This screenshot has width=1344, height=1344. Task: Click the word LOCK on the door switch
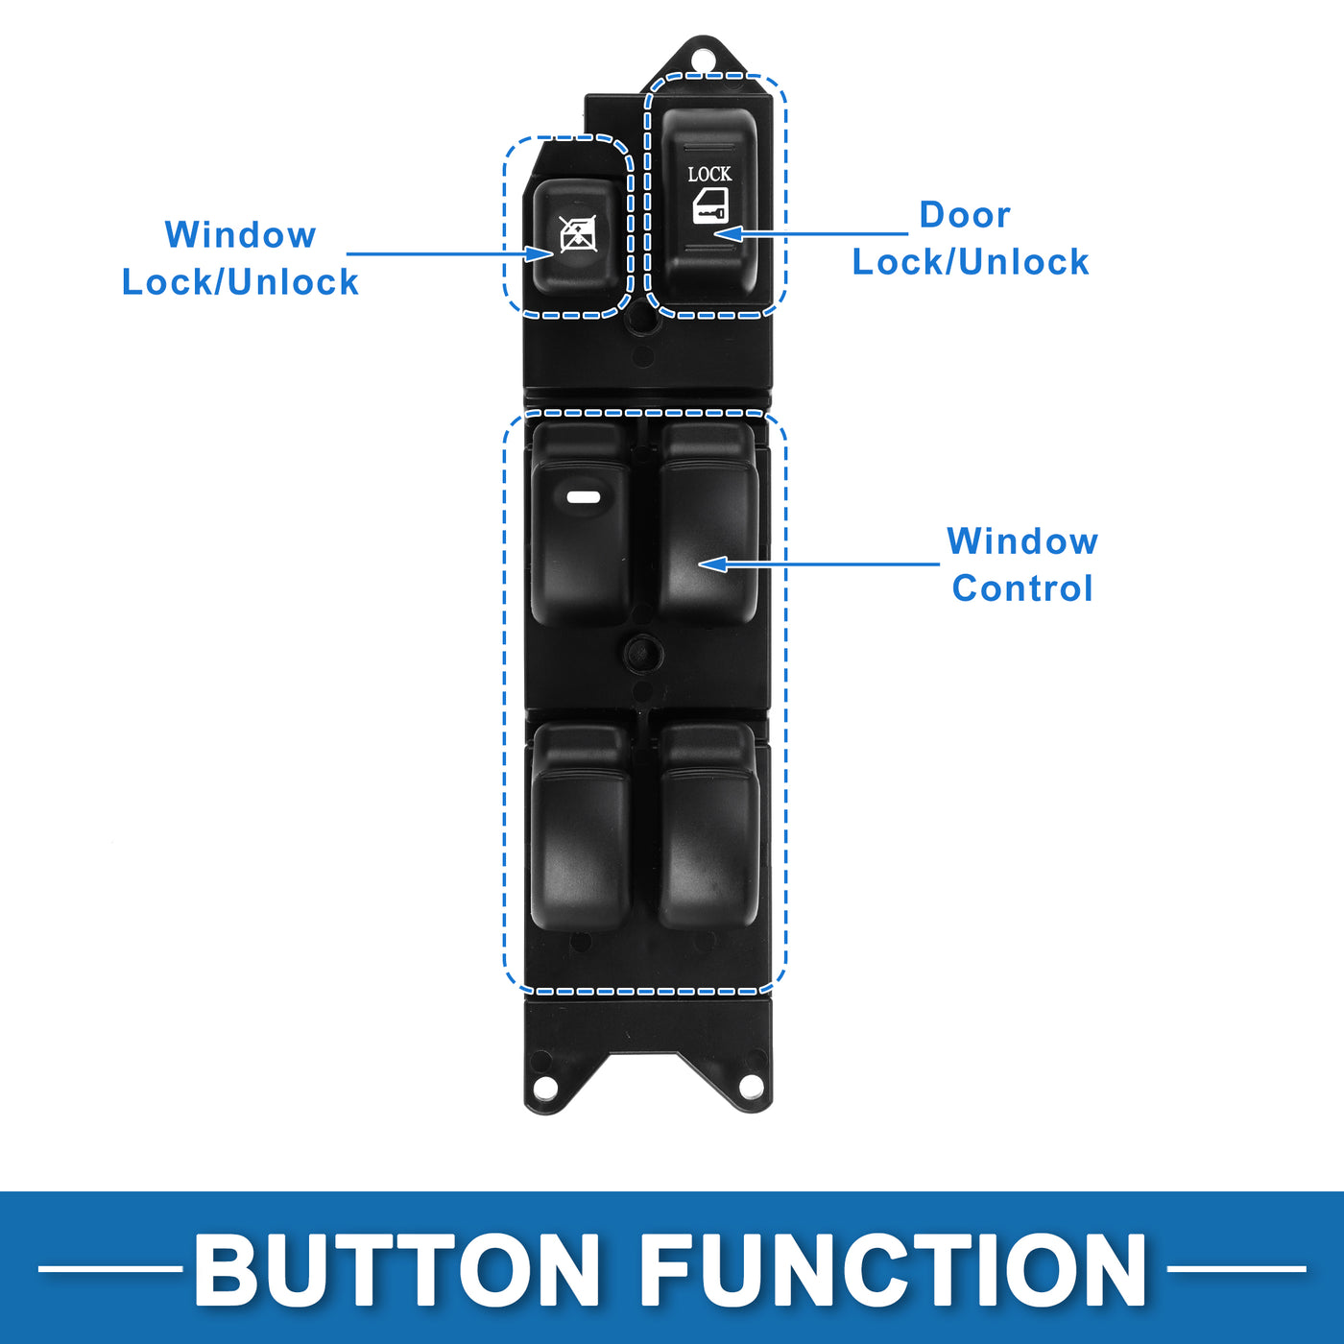pyautogui.click(x=709, y=174)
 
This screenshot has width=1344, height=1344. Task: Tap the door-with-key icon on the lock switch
pyautogui.click(x=711, y=206)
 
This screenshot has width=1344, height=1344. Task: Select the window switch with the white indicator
pyautogui.click(x=581, y=538)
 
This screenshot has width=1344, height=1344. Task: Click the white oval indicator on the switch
pyautogui.click(x=583, y=497)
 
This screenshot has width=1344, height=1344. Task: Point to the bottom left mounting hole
pyautogui.click(x=545, y=1088)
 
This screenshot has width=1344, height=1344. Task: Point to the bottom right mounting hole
pyautogui.click(x=751, y=1087)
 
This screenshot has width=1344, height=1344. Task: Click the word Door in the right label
pyautogui.click(x=965, y=215)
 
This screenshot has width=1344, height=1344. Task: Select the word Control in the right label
pyautogui.click(x=1022, y=588)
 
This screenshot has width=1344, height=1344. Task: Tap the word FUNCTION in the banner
pyautogui.click(x=893, y=1269)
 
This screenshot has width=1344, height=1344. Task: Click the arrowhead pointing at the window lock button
pyautogui.click(x=540, y=253)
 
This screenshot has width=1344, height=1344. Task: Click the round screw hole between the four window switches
pyautogui.click(x=643, y=654)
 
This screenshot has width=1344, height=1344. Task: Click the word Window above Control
pyautogui.click(x=1022, y=541)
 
